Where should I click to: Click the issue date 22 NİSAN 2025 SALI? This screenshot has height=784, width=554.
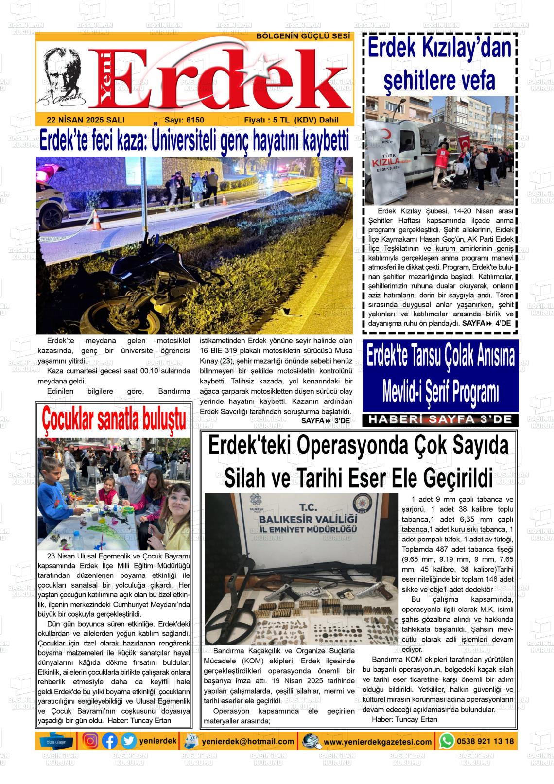point(86,120)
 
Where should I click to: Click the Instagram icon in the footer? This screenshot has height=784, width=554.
point(90,741)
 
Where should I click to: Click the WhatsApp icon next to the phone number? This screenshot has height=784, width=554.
point(447,741)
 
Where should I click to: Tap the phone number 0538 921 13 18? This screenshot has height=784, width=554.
point(485,741)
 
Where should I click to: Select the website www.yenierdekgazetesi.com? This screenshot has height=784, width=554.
point(378,742)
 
